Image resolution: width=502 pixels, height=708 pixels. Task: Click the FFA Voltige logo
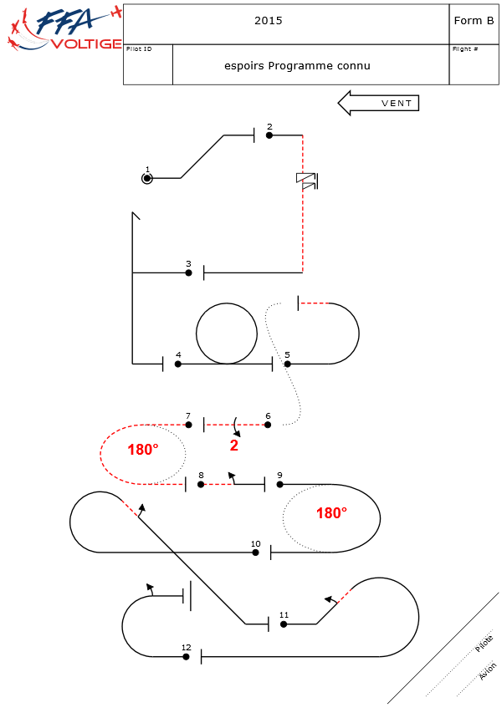(63, 29)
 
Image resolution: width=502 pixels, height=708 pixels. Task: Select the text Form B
(474, 21)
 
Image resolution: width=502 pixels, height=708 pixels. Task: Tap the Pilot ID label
(139, 49)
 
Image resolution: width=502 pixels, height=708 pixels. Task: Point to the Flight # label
(465, 49)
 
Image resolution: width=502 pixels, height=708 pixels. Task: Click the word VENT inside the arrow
(397, 104)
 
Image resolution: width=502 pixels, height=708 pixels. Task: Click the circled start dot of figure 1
(147, 178)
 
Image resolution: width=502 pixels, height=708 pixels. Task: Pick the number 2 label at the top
(269, 126)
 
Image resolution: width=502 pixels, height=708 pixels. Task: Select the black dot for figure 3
(189, 273)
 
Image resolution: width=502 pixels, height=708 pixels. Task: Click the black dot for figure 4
(178, 364)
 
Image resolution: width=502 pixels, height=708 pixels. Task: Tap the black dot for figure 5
(287, 364)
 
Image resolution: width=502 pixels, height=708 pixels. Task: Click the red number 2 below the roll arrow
(234, 446)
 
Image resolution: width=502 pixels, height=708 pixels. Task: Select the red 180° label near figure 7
(143, 450)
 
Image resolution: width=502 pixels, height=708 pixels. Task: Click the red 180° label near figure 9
(331, 513)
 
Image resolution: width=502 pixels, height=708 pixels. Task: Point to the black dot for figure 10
(256, 553)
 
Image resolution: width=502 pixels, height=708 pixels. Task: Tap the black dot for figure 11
(284, 624)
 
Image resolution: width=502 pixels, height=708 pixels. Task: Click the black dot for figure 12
(187, 657)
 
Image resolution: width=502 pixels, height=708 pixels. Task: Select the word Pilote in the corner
(484, 644)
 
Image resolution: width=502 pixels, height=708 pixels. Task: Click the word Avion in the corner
(488, 670)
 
